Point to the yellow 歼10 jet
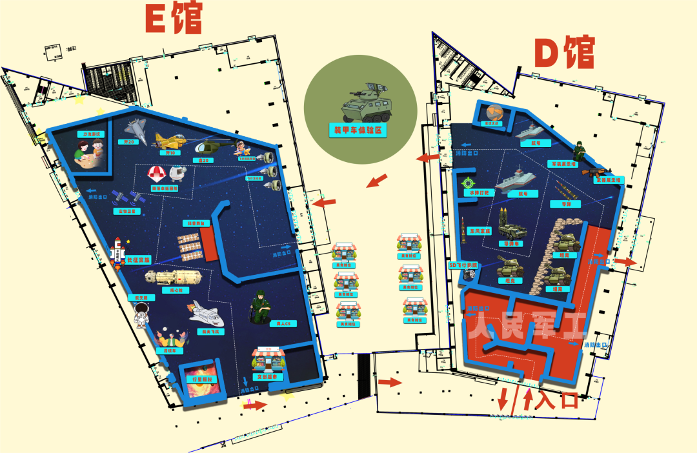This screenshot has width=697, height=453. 170,140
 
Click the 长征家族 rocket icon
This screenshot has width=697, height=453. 117,252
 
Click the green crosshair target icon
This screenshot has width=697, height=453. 469,183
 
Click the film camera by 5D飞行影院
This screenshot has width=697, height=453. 467,276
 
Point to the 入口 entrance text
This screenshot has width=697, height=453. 557,400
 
